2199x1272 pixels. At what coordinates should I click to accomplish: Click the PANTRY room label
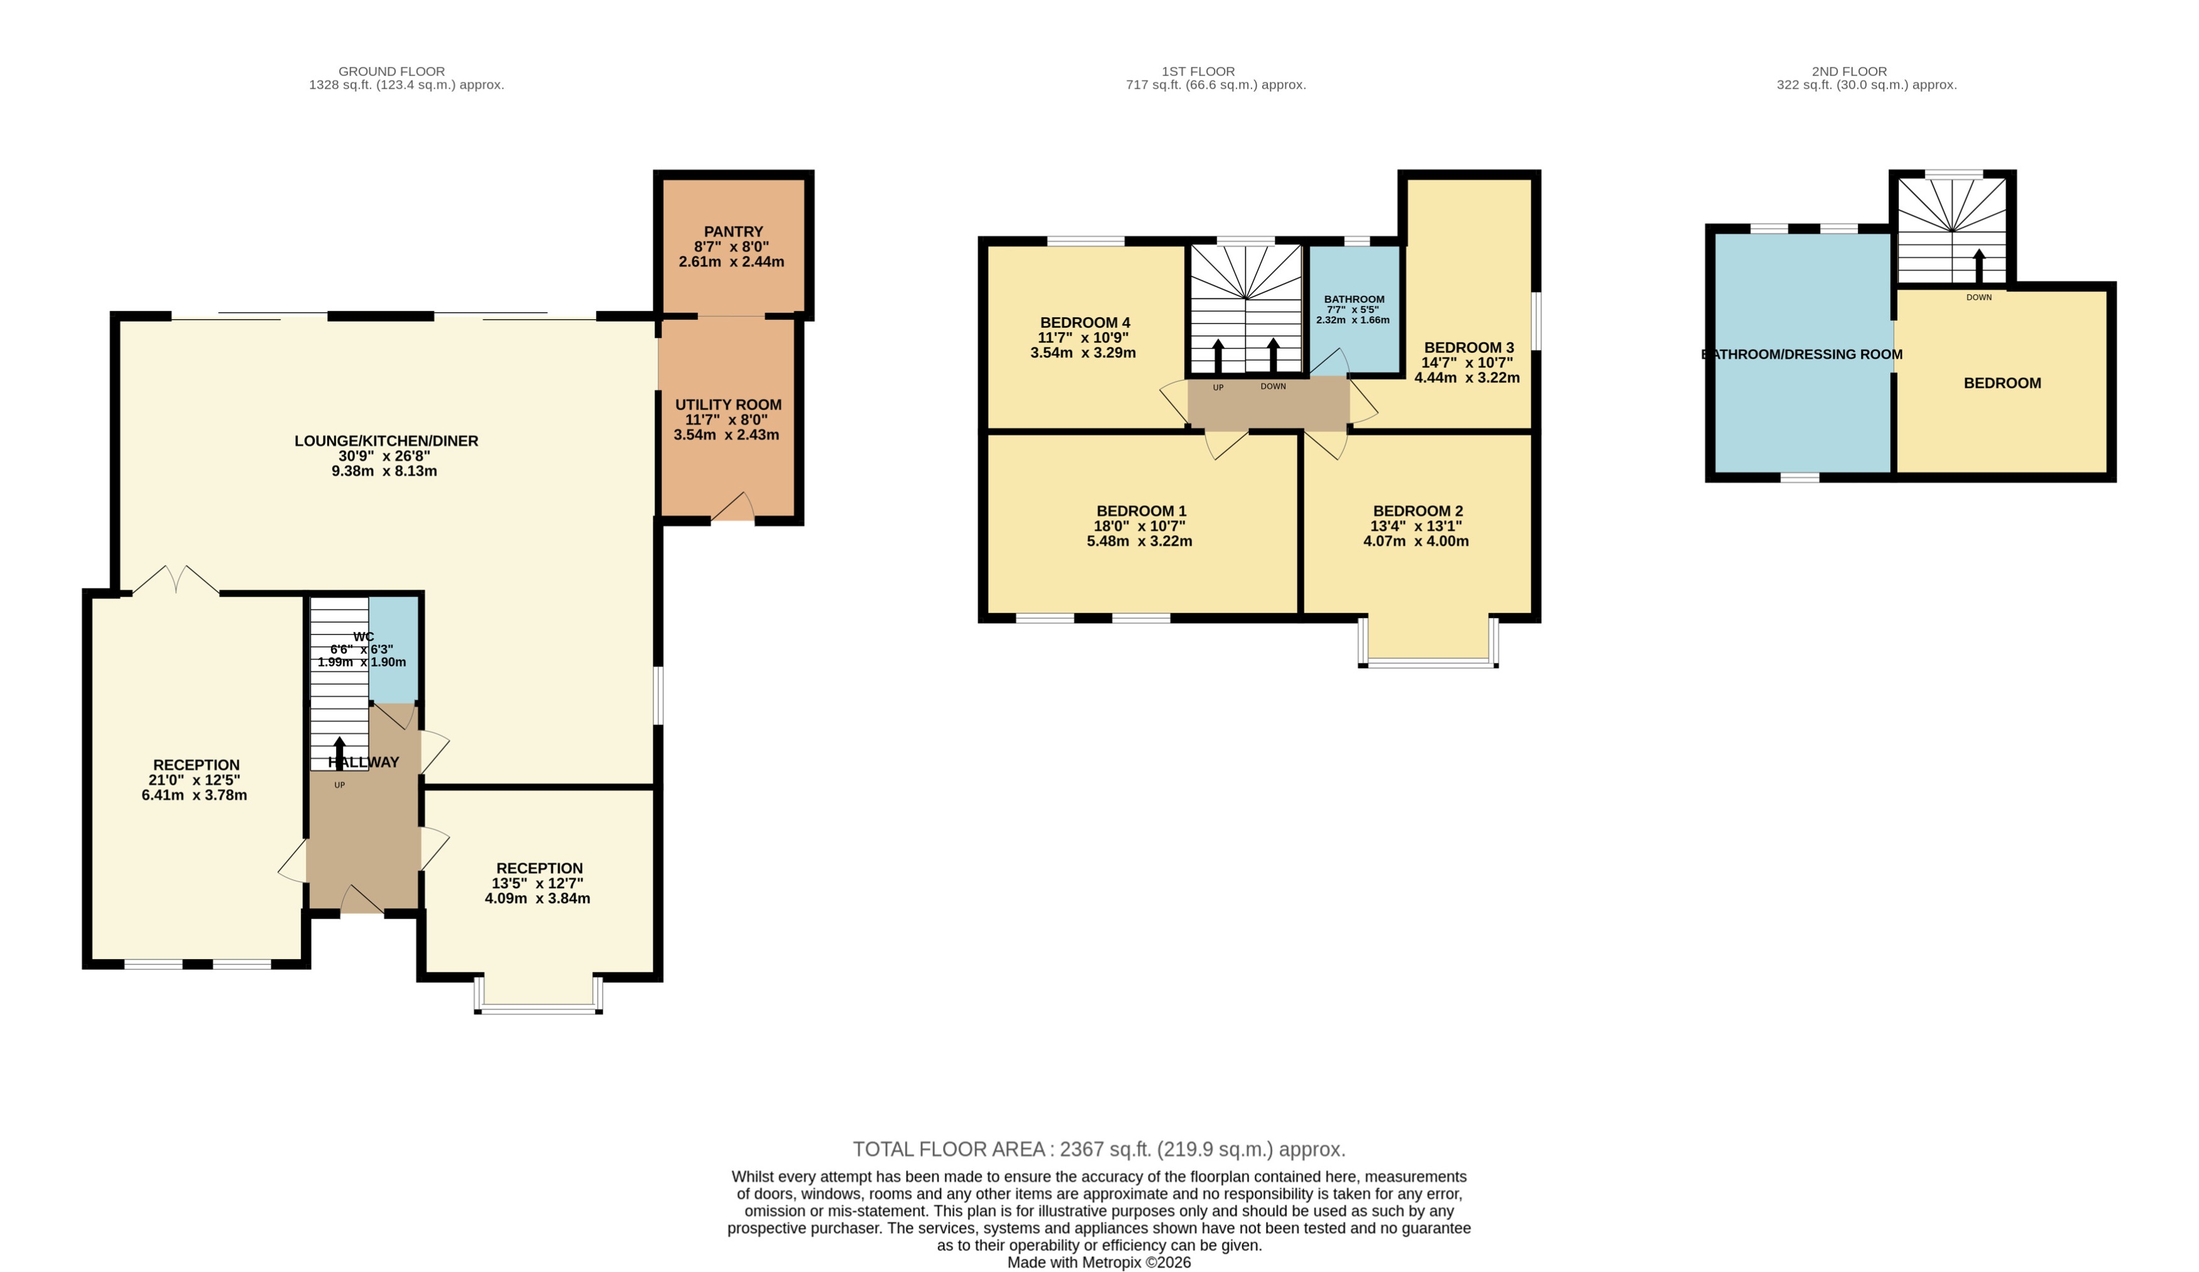coord(733,232)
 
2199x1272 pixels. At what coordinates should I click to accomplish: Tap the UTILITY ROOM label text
coord(728,405)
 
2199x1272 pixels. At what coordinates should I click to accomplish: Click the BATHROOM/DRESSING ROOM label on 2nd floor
coord(1802,354)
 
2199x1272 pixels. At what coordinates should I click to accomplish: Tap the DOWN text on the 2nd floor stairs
coord(1978,298)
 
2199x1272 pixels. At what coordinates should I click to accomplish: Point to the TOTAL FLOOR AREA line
coord(1099,1149)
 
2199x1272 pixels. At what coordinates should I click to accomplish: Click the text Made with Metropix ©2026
coord(1099,1263)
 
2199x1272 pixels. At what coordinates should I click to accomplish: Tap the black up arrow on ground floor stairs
coord(339,752)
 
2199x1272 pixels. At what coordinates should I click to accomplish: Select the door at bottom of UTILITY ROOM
coord(734,509)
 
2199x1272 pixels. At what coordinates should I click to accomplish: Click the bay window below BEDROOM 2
coord(1429,663)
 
